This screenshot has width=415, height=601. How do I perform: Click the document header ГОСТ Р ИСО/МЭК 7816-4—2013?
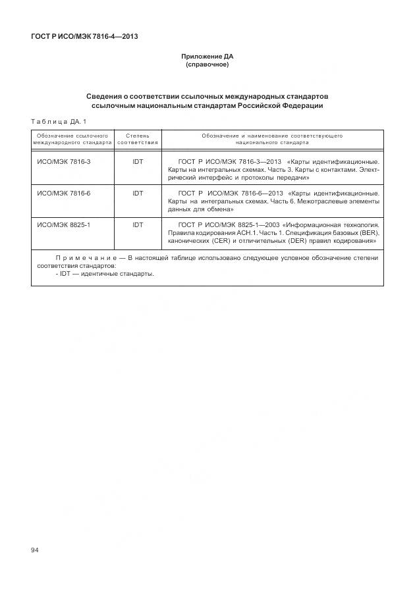[84, 36]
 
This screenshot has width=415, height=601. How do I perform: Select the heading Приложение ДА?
[207, 58]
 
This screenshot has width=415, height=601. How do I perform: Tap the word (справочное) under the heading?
[207, 66]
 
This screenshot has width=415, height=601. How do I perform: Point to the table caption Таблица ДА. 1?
[59, 121]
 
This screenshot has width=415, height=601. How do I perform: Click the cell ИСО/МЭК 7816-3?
[64, 161]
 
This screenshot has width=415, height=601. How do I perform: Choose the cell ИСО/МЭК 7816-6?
[64, 193]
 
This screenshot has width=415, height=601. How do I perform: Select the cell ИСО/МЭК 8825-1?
[64, 225]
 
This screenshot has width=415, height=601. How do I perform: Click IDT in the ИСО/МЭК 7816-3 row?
[138, 161]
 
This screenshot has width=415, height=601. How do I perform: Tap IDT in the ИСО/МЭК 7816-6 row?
[138, 193]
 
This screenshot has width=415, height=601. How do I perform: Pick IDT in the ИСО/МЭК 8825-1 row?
[138, 225]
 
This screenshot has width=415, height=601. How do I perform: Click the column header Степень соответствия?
[138, 138]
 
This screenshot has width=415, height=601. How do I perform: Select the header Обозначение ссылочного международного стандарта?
[72, 138]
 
